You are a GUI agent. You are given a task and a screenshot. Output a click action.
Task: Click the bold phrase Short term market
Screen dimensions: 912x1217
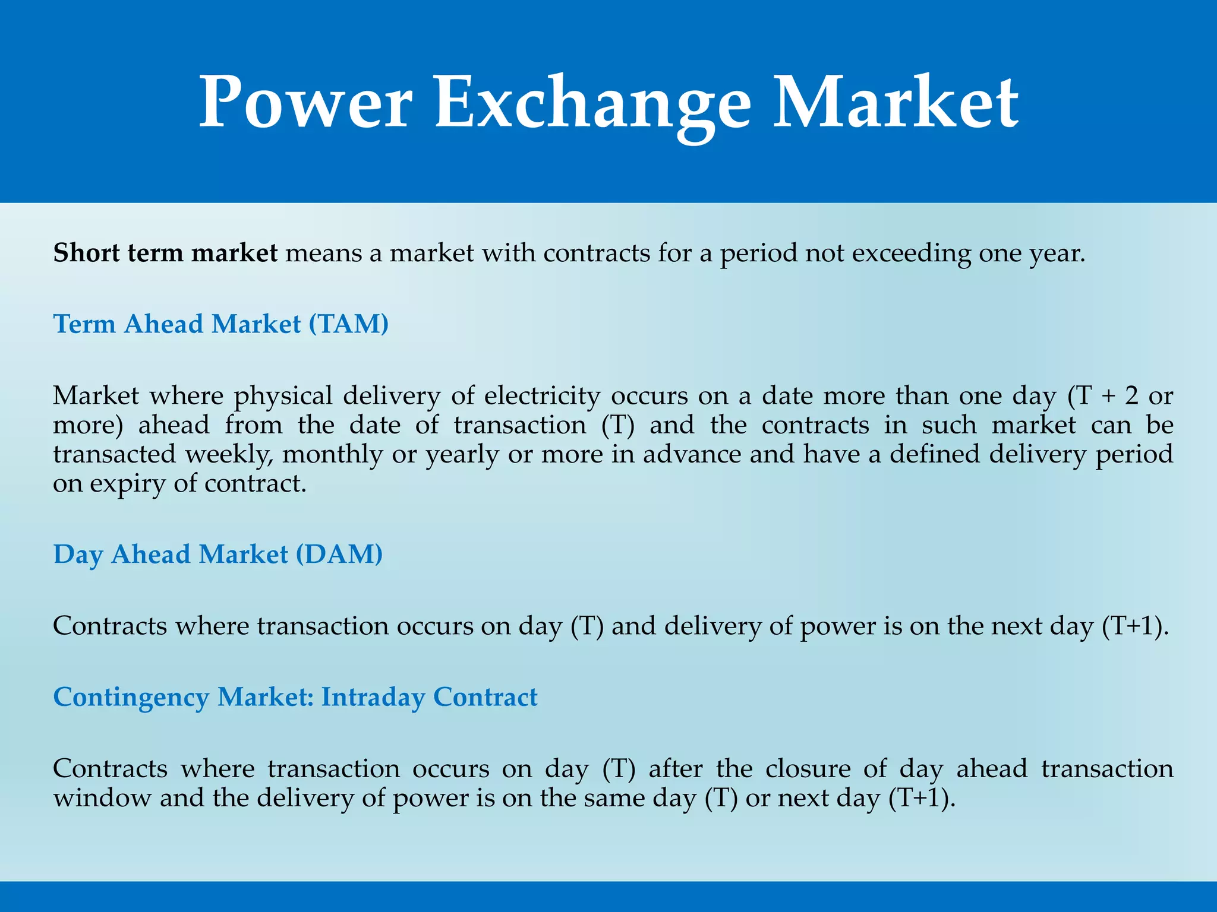[165, 254]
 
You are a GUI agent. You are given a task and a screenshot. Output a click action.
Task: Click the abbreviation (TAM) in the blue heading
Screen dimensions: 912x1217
[348, 324]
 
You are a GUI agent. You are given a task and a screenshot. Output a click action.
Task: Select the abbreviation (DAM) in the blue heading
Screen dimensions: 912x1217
[339, 555]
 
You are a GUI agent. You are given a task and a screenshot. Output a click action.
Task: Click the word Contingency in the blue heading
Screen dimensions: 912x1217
[131, 698]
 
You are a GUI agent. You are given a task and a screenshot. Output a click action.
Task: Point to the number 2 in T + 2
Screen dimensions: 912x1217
[1131, 396]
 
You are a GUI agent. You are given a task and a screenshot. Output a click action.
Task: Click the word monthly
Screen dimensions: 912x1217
[332, 455]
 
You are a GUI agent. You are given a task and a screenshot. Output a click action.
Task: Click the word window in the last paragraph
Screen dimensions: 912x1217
[102, 798]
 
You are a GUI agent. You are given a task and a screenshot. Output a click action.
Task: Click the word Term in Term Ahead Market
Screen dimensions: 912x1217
[84, 324]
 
